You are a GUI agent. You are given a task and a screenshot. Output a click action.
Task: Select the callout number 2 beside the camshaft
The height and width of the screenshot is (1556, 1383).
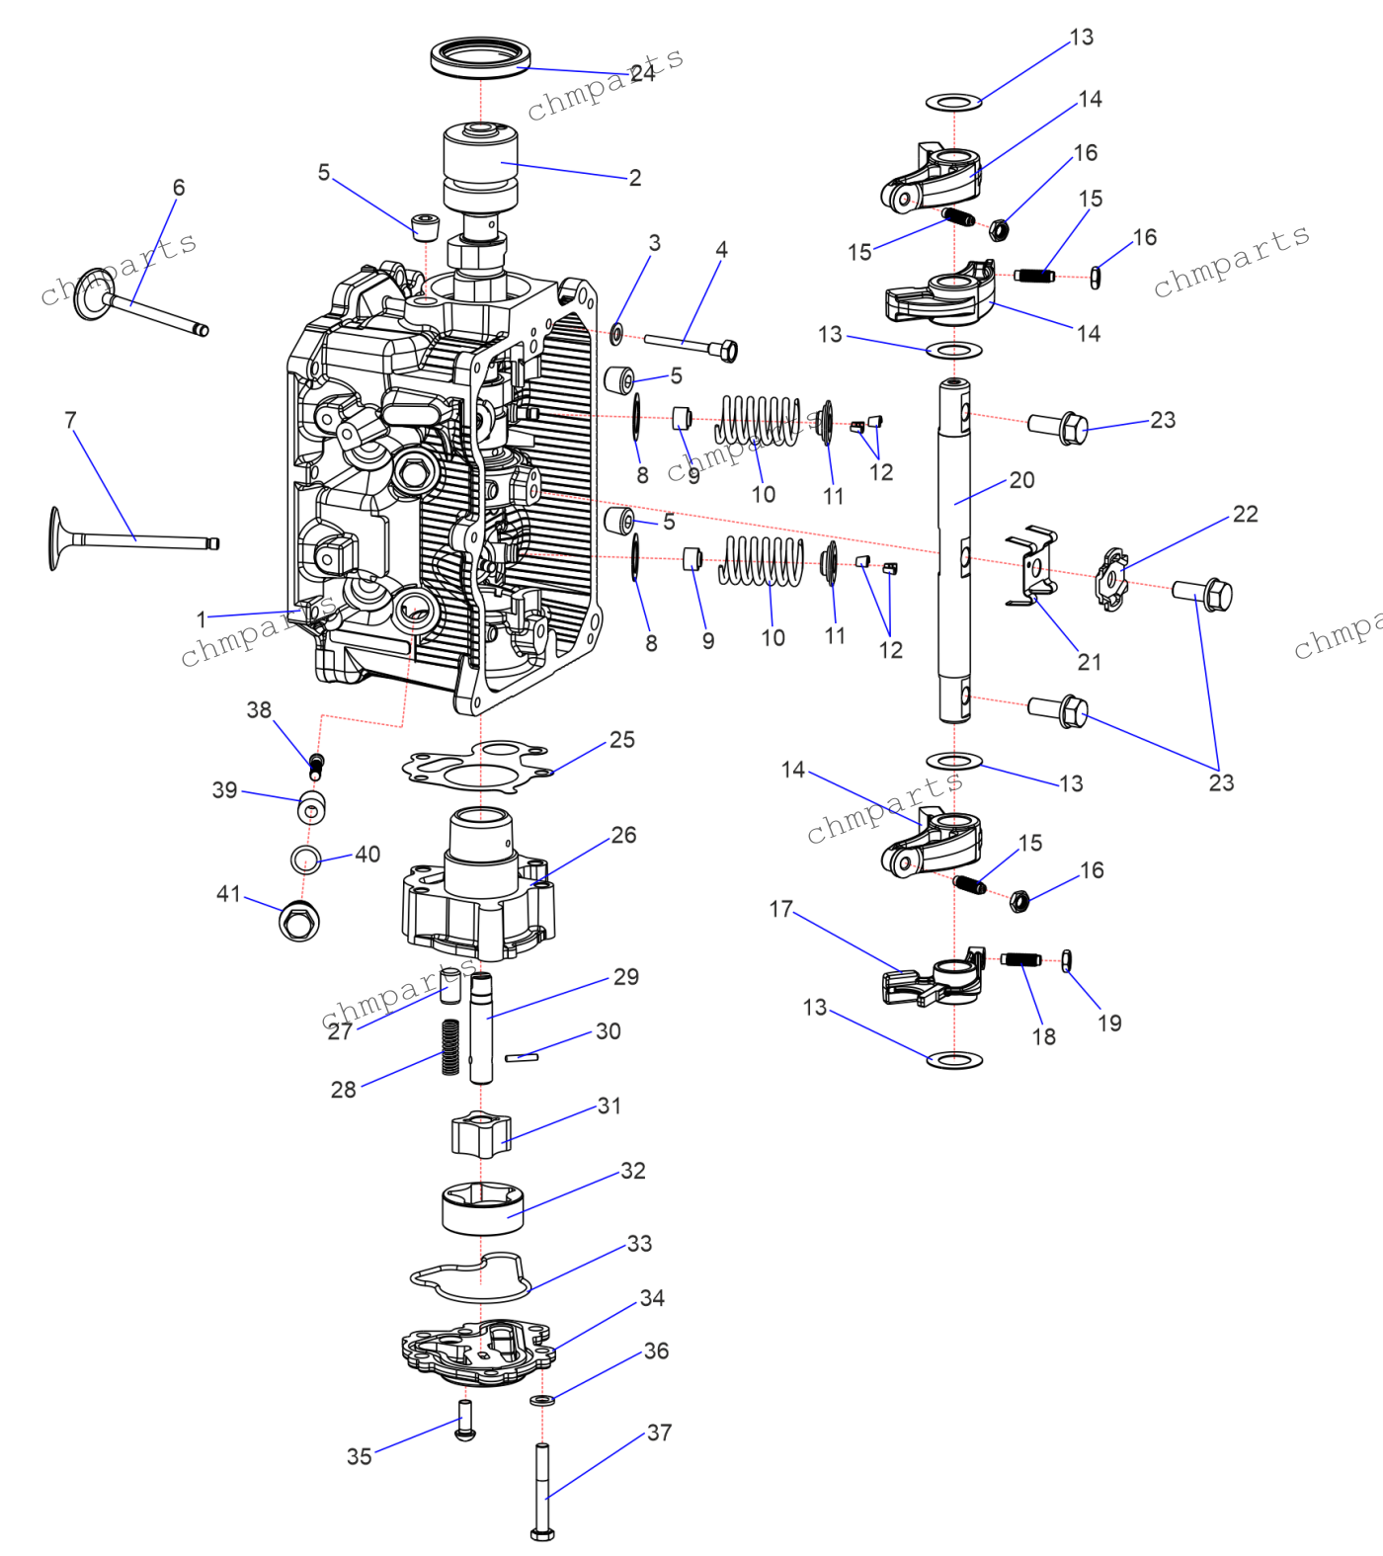(635, 178)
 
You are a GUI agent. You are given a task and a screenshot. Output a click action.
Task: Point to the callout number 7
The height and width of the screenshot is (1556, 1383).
(70, 420)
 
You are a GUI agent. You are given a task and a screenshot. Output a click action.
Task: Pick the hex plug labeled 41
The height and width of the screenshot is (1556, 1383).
(298, 921)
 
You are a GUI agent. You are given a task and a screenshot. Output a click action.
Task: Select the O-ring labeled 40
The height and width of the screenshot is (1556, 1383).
(306, 859)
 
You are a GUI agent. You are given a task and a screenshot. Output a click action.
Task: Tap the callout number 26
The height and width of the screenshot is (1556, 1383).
(623, 836)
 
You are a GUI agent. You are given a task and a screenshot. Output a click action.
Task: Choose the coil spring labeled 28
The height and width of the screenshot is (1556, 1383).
(450, 1046)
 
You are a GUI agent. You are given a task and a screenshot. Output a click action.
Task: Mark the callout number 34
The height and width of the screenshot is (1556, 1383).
(652, 1298)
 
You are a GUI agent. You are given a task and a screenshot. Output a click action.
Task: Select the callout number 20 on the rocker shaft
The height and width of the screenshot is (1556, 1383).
(1021, 480)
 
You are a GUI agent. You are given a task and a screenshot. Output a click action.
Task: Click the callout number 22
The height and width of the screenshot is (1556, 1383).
(1245, 514)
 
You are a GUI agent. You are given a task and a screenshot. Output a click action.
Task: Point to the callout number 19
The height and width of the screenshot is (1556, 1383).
(1109, 1024)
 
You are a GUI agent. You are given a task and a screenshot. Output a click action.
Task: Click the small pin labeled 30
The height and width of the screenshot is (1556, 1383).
(522, 1057)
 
